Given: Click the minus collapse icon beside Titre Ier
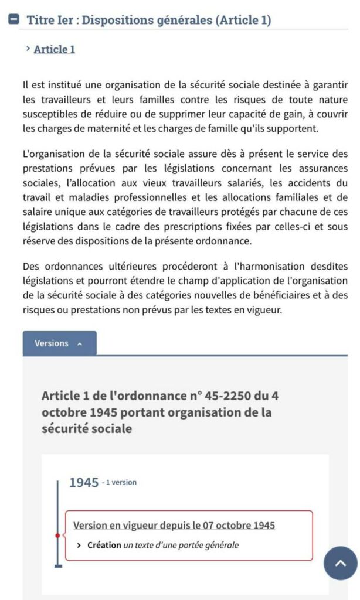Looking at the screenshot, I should click(x=14, y=19).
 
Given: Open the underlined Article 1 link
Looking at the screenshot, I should click(x=55, y=49).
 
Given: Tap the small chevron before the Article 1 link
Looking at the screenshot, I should click(x=28, y=49).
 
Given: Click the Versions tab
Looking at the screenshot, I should click(x=59, y=343).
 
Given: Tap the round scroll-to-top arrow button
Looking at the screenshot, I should click(x=340, y=563).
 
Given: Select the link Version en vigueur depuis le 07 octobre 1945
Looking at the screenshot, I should click(x=174, y=525).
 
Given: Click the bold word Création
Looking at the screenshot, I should click(x=104, y=545).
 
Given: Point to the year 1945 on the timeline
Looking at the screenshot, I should click(x=83, y=483).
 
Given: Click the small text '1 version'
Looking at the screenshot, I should click(x=120, y=483).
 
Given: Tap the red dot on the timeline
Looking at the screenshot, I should click(x=57, y=536).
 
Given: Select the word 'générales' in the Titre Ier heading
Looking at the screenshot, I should click(x=182, y=20).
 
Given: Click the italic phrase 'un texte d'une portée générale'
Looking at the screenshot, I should click(x=181, y=545).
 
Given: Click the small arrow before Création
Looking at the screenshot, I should click(x=79, y=545).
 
